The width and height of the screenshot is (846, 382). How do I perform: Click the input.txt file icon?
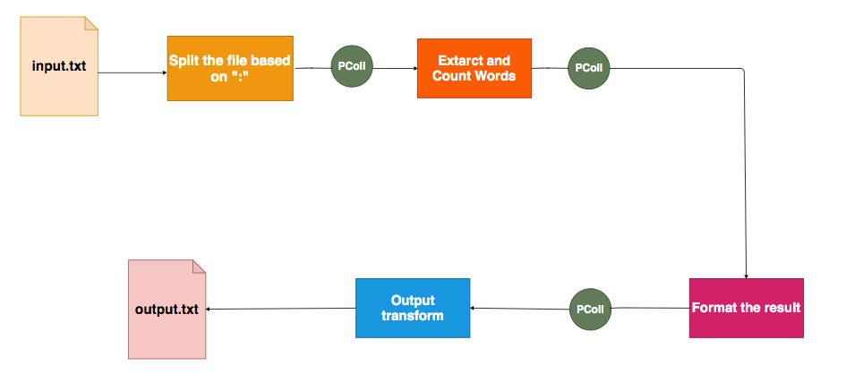pyautogui.click(x=58, y=66)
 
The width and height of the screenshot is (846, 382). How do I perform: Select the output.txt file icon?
pyautogui.click(x=167, y=309)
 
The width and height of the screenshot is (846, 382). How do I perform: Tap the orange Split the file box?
pyautogui.click(x=230, y=68)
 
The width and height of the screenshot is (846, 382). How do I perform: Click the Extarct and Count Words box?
pyautogui.click(x=474, y=68)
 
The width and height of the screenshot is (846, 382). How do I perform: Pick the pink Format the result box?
pyautogui.click(x=746, y=308)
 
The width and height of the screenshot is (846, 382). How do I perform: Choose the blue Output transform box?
pyautogui.click(x=412, y=308)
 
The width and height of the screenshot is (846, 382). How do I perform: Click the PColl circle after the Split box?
pyautogui.click(x=351, y=67)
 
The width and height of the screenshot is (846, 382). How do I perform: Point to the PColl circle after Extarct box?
pyautogui.click(x=588, y=67)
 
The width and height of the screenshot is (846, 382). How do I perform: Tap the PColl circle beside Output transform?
pyautogui.click(x=588, y=309)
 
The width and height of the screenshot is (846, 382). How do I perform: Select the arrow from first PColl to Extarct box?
pyautogui.click(x=394, y=67)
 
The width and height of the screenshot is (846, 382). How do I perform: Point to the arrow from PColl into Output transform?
pyautogui.click(x=519, y=309)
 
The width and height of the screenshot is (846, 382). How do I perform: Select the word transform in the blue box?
pyautogui.click(x=412, y=316)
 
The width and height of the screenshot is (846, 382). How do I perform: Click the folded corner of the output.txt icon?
pyautogui.click(x=199, y=266)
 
